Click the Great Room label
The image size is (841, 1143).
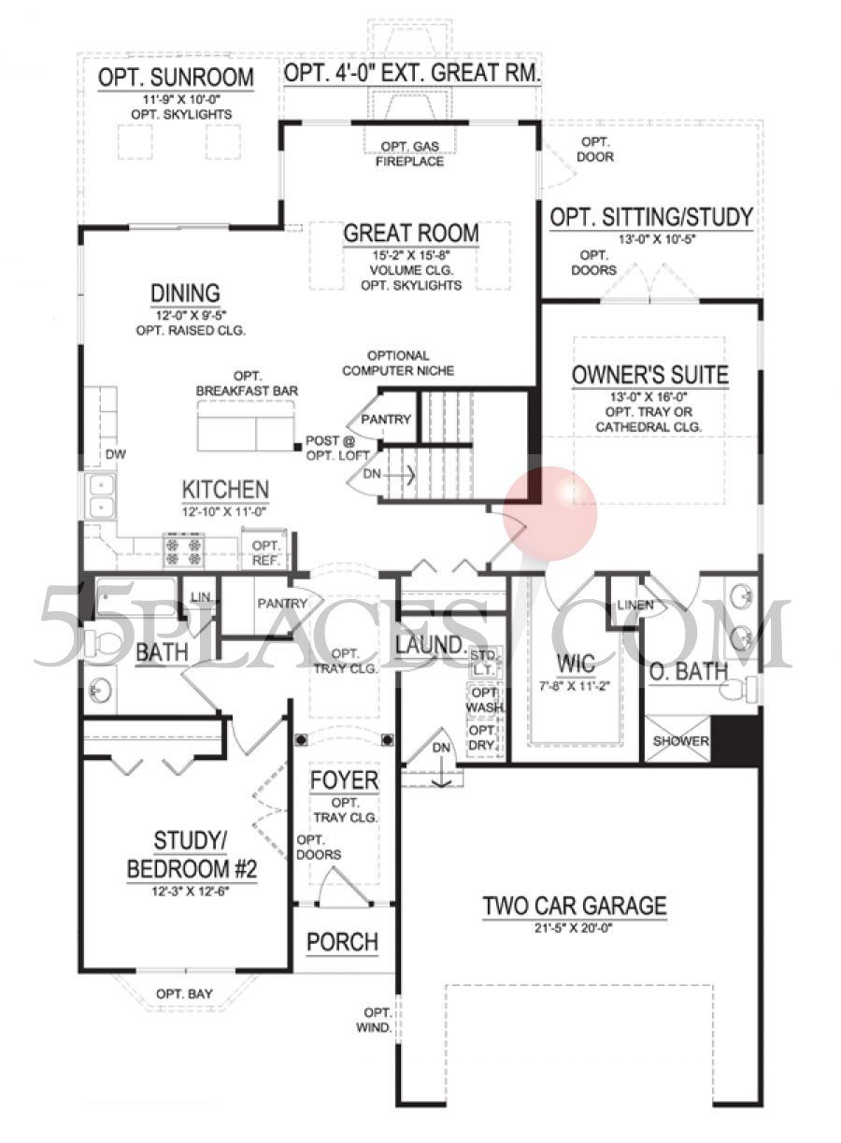tap(411, 233)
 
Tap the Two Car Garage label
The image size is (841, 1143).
tap(575, 905)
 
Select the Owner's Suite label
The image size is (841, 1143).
tap(650, 376)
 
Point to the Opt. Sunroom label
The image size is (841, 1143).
tap(176, 78)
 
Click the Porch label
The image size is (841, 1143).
tap(343, 942)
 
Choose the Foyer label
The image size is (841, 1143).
tap(345, 780)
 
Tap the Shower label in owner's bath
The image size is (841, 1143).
tap(679, 741)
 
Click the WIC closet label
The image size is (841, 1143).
tap(575, 664)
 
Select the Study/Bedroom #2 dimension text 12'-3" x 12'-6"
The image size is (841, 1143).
tap(192, 892)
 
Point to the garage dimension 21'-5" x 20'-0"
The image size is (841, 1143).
tap(575, 927)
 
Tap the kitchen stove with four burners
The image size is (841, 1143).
tap(184, 550)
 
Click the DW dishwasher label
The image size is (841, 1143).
tap(115, 454)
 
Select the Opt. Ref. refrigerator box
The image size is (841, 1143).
tap(266, 551)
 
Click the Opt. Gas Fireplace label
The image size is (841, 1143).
tap(410, 154)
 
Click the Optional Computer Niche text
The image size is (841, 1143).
tap(398, 364)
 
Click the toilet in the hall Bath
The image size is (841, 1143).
tap(109, 642)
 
